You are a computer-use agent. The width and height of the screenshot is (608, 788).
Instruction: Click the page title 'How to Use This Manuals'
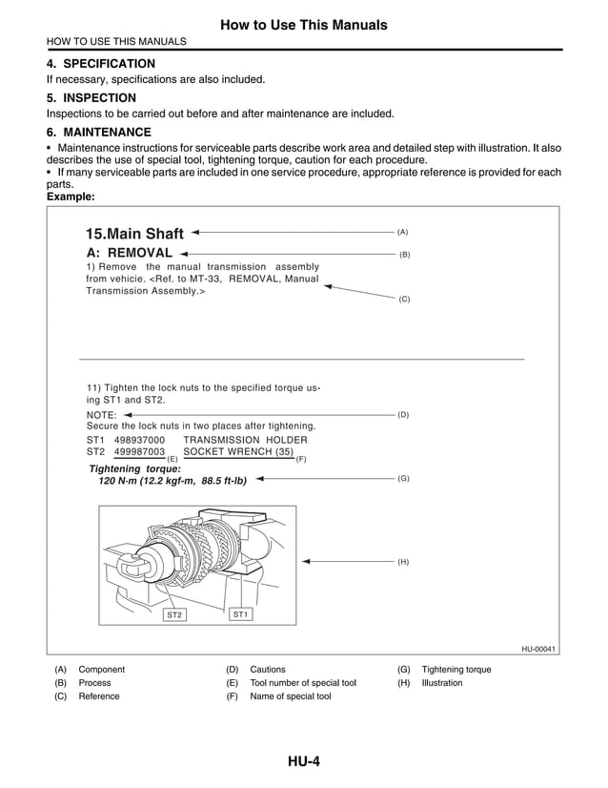point(303,24)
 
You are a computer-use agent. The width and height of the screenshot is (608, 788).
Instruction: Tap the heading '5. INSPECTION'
point(91,97)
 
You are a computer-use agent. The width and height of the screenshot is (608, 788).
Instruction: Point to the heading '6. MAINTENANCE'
point(98,132)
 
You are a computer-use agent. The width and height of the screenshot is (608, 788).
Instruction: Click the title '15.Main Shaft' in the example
point(134,234)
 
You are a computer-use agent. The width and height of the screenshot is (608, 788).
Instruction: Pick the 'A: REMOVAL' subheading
point(130,253)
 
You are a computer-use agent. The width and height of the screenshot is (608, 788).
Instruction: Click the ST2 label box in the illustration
point(174,615)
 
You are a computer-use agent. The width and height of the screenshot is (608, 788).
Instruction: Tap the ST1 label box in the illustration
point(240,613)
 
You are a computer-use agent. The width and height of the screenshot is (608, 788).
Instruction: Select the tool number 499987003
point(139,451)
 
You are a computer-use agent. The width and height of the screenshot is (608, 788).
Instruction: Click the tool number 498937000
point(139,439)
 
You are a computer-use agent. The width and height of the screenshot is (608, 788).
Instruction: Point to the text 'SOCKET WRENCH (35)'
point(237,451)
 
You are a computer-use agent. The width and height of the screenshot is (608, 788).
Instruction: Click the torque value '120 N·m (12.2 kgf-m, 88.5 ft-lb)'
point(172,482)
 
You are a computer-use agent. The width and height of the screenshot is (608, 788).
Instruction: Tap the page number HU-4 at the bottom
point(303,760)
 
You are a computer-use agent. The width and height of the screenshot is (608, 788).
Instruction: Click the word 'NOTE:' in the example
point(102,415)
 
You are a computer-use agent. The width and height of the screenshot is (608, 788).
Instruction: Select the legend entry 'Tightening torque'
point(456,670)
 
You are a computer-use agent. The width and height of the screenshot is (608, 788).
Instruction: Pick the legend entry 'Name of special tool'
point(291,696)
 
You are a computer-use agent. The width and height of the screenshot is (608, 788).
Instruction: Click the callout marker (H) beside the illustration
point(403,562)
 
